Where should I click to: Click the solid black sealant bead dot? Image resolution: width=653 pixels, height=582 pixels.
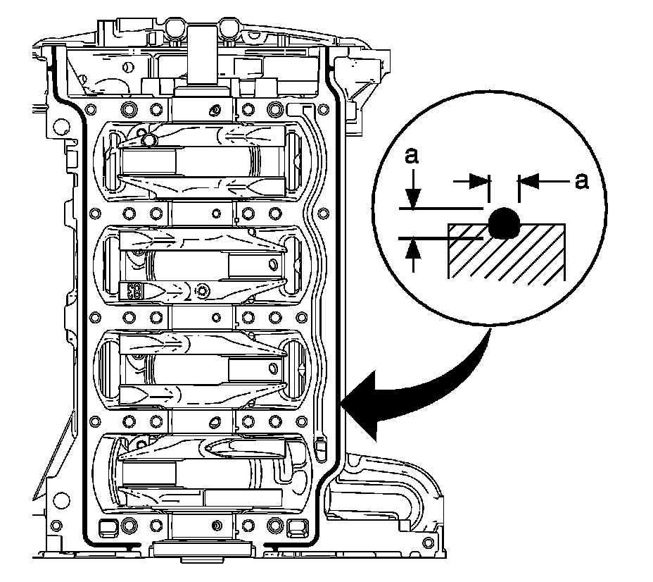504,223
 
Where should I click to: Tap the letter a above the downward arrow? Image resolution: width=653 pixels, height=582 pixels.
412,156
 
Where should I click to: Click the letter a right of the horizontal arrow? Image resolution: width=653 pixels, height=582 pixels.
581,181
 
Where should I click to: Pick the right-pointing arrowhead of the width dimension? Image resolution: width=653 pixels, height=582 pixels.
481,181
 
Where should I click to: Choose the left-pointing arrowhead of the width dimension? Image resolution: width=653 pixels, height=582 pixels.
526,181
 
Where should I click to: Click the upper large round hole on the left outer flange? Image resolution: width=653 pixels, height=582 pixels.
61,128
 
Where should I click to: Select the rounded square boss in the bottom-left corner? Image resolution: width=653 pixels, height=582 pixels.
109,526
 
